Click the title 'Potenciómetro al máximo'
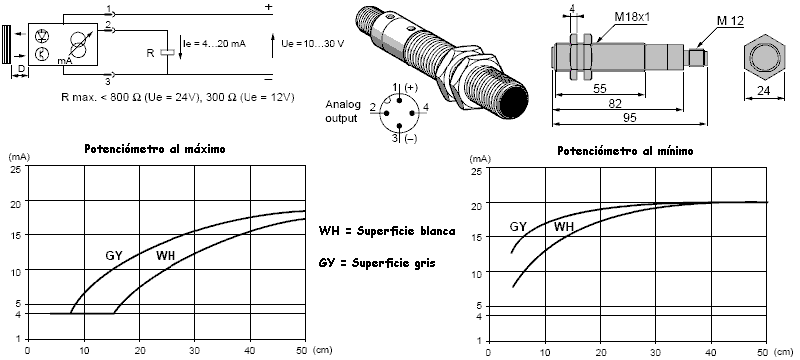[x=155, y=149]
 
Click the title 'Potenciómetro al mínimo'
[x=625, y=151]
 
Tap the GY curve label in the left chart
[x=114, y=255]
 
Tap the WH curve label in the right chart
[x=564, y=227]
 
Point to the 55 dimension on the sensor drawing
[x=600, y=88]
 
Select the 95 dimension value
[x=630, y=117]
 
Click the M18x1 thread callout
[x=632, y=17]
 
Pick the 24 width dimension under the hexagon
[x=764, y=91]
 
